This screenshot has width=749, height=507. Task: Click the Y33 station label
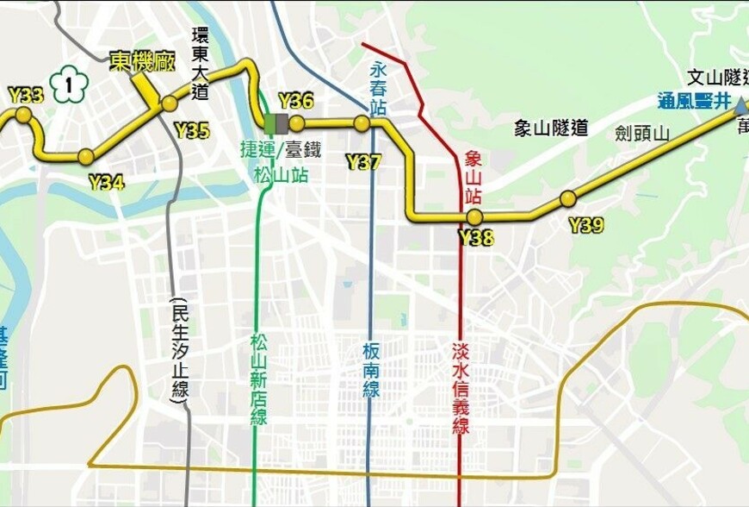[25, 93]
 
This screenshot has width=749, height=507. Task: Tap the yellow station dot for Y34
[86, 156]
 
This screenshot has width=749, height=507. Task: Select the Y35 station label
[191, 131]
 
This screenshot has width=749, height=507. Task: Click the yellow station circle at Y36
[297, 123]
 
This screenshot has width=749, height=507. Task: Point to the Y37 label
[363, 161]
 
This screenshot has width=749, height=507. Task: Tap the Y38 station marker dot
[474, 216]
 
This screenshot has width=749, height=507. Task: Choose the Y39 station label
[586, 226]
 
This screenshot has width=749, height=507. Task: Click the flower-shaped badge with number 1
[69, 84]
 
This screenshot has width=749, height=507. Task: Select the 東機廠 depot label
[142, 61]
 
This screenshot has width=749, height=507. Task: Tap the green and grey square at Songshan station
[276, 123]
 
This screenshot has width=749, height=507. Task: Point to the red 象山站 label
[474, 178]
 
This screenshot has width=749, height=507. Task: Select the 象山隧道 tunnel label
[551, 128]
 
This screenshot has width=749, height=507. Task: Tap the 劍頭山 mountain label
[642, 133]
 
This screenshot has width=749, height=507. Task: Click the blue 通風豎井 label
[694, 101]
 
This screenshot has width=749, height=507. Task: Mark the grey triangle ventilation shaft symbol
[740, 105]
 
